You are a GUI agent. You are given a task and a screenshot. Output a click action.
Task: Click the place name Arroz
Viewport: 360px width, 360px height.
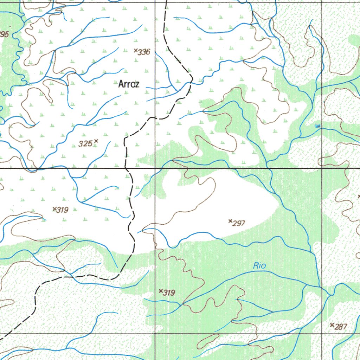(129, 84)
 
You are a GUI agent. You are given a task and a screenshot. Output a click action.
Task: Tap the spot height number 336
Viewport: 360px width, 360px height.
(144, 53)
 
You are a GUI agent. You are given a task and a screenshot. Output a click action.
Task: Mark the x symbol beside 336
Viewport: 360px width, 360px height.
(136, 51)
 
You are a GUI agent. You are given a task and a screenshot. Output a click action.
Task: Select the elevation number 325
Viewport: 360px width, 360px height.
(85, 143)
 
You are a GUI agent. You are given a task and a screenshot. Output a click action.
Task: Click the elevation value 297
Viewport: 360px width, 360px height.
(239, 223)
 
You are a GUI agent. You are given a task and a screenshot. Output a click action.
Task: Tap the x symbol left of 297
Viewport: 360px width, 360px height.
(230, 221)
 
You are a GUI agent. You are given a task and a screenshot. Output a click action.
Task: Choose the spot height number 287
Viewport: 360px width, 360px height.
(341, 327)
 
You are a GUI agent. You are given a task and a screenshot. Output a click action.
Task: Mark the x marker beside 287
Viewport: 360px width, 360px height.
(332, 325)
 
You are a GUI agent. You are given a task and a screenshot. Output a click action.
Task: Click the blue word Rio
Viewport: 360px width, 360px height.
(259, 266)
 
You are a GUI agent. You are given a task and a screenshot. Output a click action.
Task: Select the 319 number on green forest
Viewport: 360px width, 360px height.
(169, 293)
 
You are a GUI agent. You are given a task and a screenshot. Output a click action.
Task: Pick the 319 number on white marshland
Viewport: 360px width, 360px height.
(62, 210)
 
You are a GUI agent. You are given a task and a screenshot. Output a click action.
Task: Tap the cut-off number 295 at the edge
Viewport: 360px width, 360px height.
(4, 34)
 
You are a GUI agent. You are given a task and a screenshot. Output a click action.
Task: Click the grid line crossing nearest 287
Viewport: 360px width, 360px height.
(322, 333)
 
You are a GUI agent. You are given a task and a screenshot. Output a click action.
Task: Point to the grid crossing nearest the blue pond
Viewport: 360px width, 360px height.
(322, 168)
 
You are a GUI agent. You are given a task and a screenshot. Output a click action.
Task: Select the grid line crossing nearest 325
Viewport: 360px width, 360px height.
(155, 168)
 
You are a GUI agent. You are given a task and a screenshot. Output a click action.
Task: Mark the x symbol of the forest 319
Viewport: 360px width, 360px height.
(161, 291)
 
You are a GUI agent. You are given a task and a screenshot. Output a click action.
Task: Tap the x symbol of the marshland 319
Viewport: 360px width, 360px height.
(54, 209)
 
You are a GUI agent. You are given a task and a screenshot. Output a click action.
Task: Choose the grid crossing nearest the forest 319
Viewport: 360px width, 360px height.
(155, 333)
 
